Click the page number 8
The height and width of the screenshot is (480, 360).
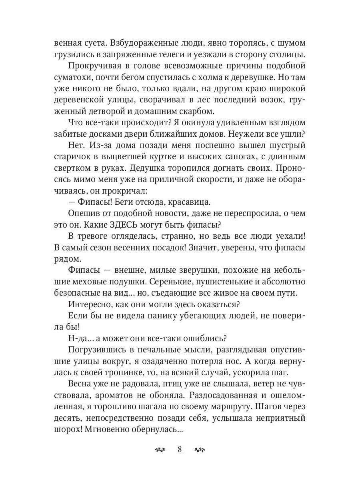tap(180, 449)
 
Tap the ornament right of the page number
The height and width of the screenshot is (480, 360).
tap(199, 450)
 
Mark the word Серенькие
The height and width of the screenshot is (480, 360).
tap(177, 281)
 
